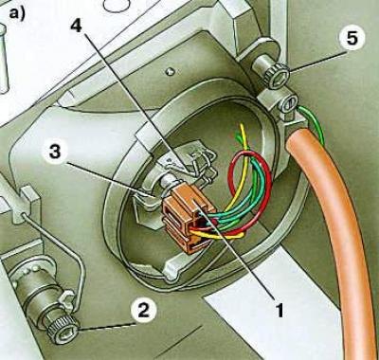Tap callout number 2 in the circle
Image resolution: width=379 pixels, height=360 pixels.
[x=143, y=310]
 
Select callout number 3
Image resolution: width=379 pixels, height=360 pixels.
[x=55, y=152]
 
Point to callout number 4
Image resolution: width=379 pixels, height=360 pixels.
[x=76, y=26]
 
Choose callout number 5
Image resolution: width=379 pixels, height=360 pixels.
[x=352, y=38]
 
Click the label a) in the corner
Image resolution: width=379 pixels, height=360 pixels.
[x=17, y=13]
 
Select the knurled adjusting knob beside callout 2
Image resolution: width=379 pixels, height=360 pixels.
[x=63, y=330]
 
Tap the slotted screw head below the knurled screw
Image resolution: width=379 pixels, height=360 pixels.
[x=290, y=103]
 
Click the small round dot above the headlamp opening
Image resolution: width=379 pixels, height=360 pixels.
[x=171, y=71]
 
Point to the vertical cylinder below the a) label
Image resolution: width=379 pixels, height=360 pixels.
[x=3, y=59]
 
